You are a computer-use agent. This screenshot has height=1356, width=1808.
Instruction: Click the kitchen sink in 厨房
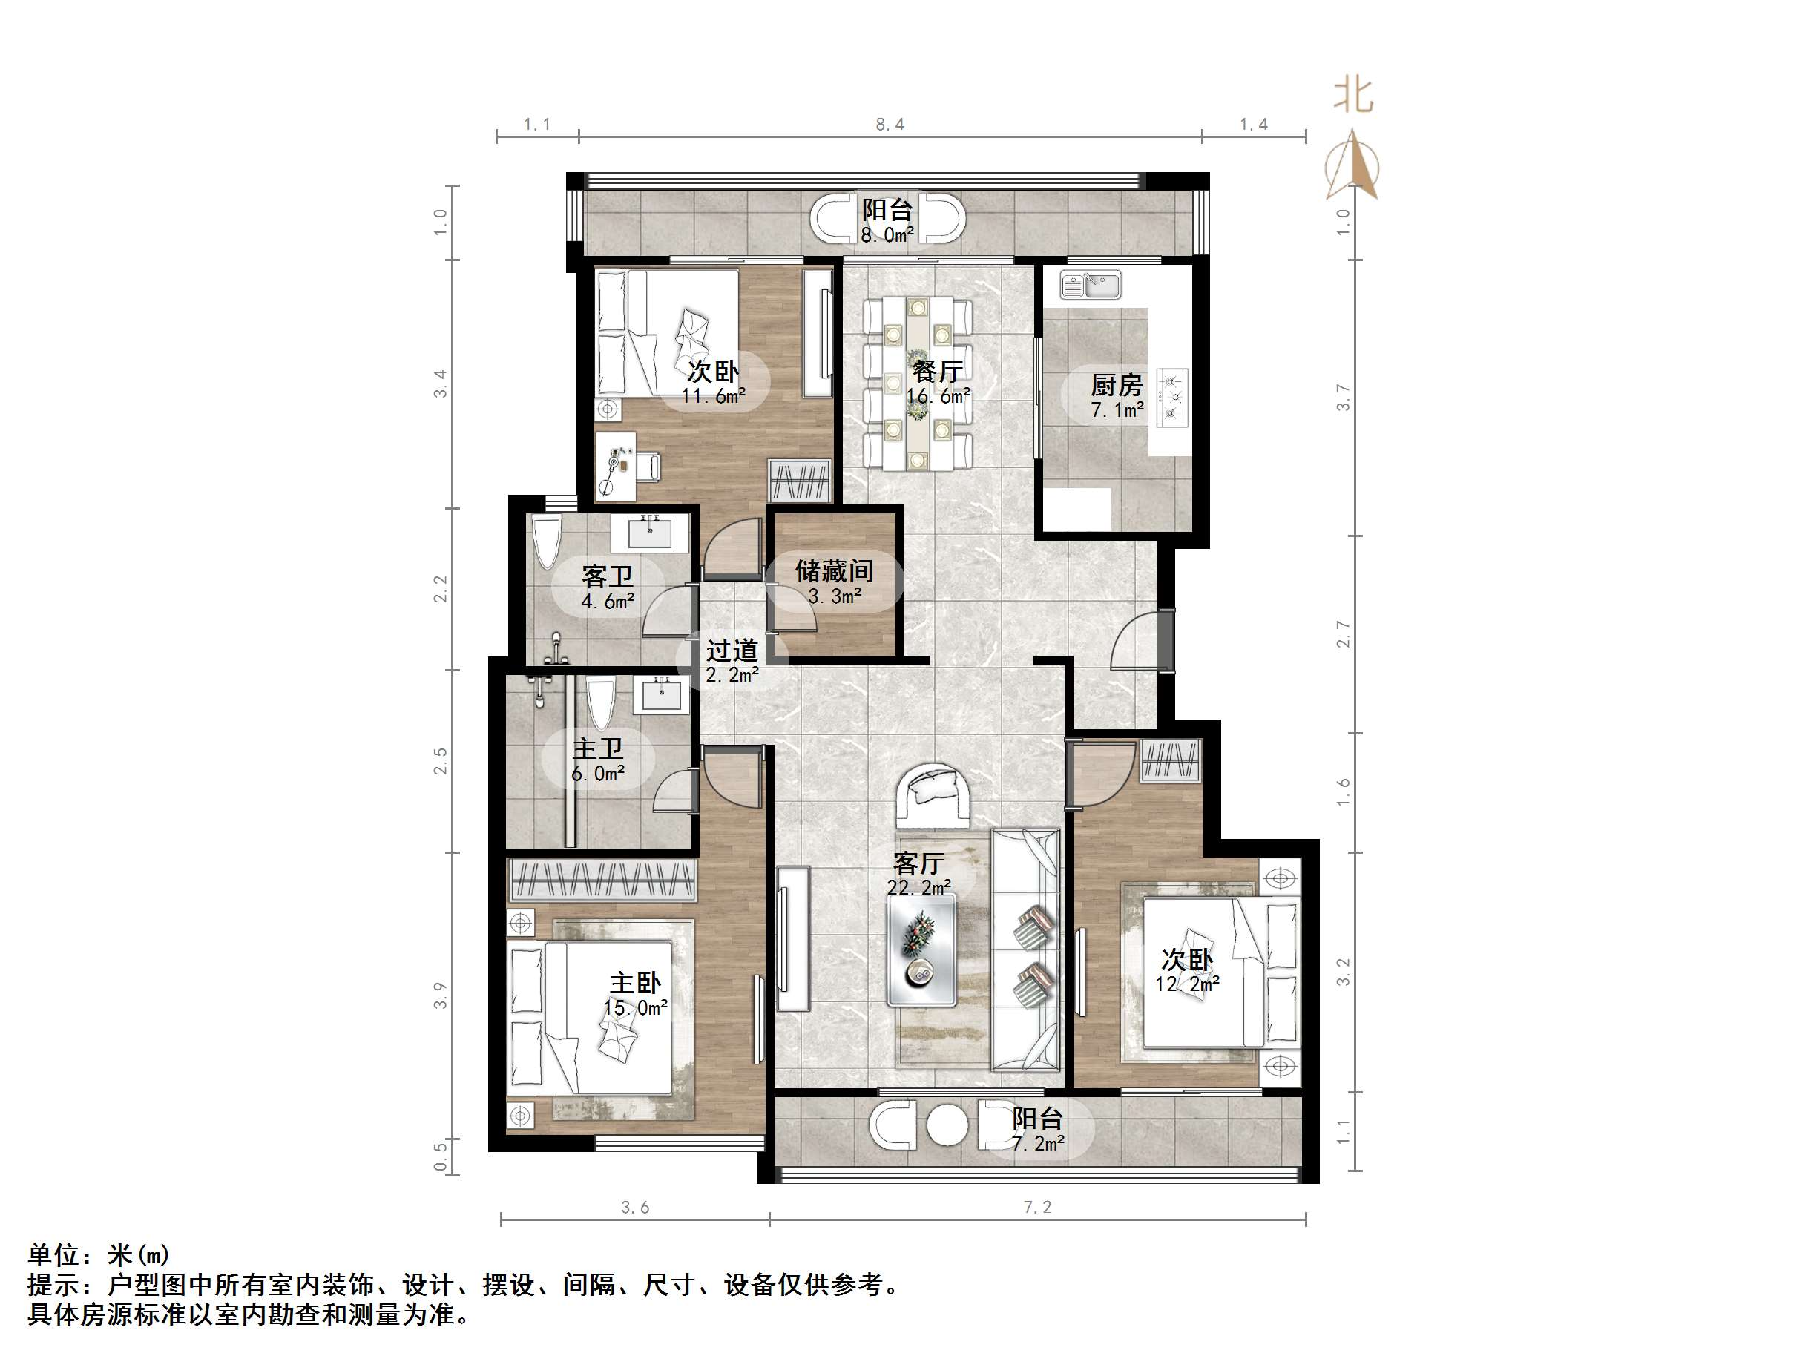[1091, 286]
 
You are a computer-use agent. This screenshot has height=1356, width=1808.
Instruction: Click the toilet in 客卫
[546, 540]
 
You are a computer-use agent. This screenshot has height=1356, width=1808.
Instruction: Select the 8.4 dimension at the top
[890, 124]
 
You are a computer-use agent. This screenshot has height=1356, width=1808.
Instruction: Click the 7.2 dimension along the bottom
[1037, 1207]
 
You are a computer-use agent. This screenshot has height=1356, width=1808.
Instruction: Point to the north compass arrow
[1352, 167]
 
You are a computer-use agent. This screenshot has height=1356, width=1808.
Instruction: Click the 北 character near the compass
[1353, 96]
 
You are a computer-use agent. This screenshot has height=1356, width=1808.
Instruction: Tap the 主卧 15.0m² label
[635, 995]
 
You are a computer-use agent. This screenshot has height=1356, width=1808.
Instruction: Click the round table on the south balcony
[947, 1125]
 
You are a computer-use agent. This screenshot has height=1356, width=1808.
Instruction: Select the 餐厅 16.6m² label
[937, 383]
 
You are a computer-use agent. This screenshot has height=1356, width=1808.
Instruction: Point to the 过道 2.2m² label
[732, 661]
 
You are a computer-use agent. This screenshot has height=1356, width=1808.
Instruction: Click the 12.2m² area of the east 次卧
[1187, 984]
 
